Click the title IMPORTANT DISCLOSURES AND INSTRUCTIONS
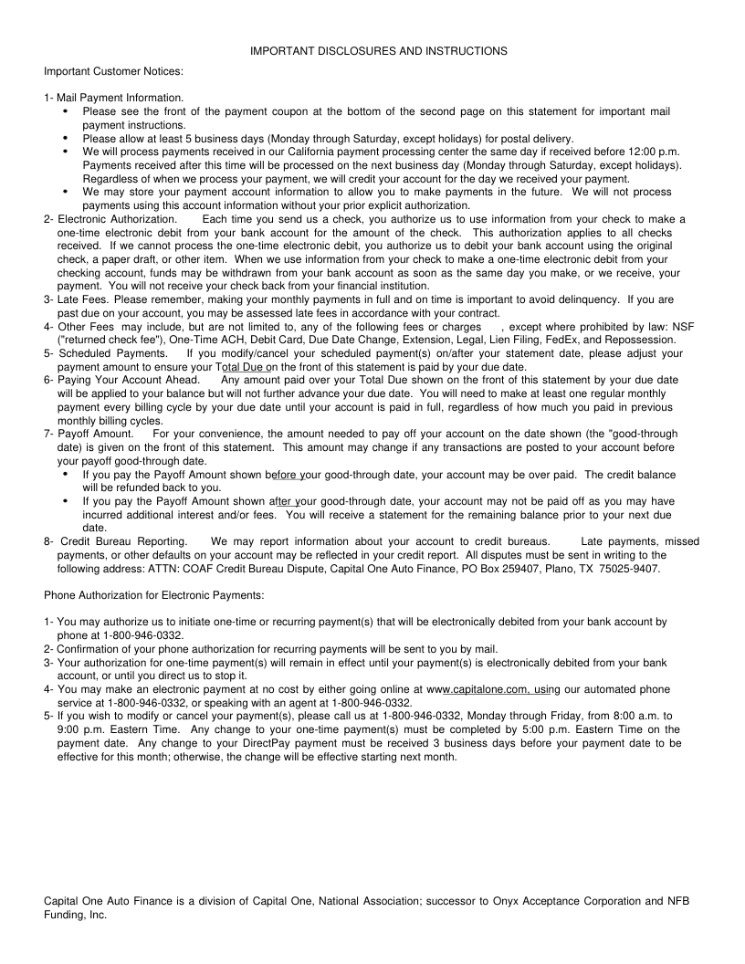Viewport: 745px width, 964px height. click(379, 51)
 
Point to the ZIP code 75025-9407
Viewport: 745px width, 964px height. click(629, 569)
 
